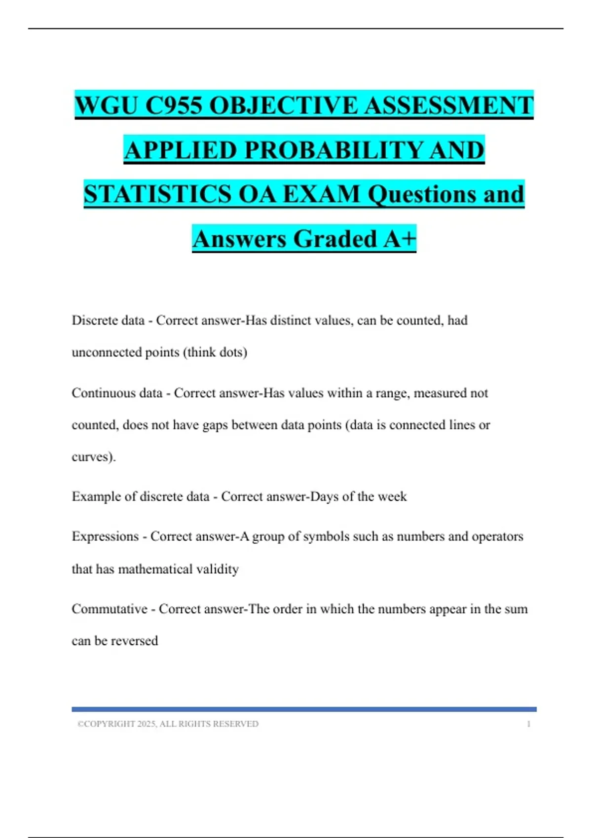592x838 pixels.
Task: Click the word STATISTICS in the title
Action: [157, 194]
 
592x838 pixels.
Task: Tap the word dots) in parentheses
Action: [233, 352]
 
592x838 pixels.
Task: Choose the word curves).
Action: [94, 457]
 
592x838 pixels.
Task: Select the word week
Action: [393, 496]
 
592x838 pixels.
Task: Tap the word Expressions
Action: [105, 536]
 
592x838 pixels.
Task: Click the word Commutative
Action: [110, 609]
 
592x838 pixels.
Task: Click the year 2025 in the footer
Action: [146, 724]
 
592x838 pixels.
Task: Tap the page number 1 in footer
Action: [528, 724]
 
